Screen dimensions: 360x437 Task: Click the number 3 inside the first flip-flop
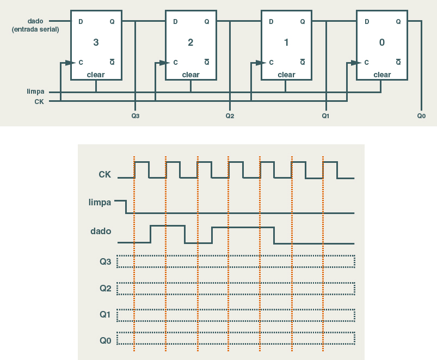point(96,42)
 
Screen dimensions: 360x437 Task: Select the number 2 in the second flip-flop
point(190,42)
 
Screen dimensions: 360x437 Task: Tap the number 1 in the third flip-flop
point(286,42)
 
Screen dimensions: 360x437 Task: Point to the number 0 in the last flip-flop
point(381,42)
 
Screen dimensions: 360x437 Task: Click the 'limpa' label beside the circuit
point(35,91)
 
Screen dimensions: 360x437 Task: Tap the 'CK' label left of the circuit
point(39,101)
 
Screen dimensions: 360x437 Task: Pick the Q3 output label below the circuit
point(136,115)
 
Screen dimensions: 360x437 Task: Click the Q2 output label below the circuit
point(230,115)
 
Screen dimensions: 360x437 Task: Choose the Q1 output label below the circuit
point(325,115)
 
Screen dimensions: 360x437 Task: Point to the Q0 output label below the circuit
point(421,115)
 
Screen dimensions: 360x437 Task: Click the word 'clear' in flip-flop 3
point(95,75)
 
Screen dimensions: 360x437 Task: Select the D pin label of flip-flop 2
point(175,22)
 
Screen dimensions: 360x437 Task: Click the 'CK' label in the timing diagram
point(104,175)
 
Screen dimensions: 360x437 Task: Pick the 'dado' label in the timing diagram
point(101,231)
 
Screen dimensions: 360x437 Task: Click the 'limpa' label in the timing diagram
point(100,203)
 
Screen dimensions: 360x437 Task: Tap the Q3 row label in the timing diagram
point(105,262)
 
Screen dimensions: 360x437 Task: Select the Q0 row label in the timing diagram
point(105,340)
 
